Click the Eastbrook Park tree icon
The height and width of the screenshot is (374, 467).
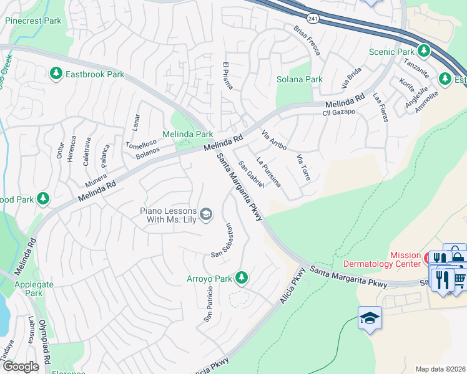pos(56,74)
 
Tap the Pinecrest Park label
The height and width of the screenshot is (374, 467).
pos(33,21)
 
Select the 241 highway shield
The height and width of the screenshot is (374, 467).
pos(313,19)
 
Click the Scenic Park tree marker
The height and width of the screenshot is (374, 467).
pos(424,50)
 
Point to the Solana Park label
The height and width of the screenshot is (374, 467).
pos(300,79)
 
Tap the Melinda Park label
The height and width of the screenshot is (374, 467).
pos(187,134)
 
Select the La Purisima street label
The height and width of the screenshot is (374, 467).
pos(268,173)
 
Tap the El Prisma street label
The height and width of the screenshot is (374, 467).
pos(228,75)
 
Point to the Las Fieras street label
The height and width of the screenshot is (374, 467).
pos(380,107)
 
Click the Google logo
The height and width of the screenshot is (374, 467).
pos(21,367)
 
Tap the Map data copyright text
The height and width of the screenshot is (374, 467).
pos(440,369)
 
